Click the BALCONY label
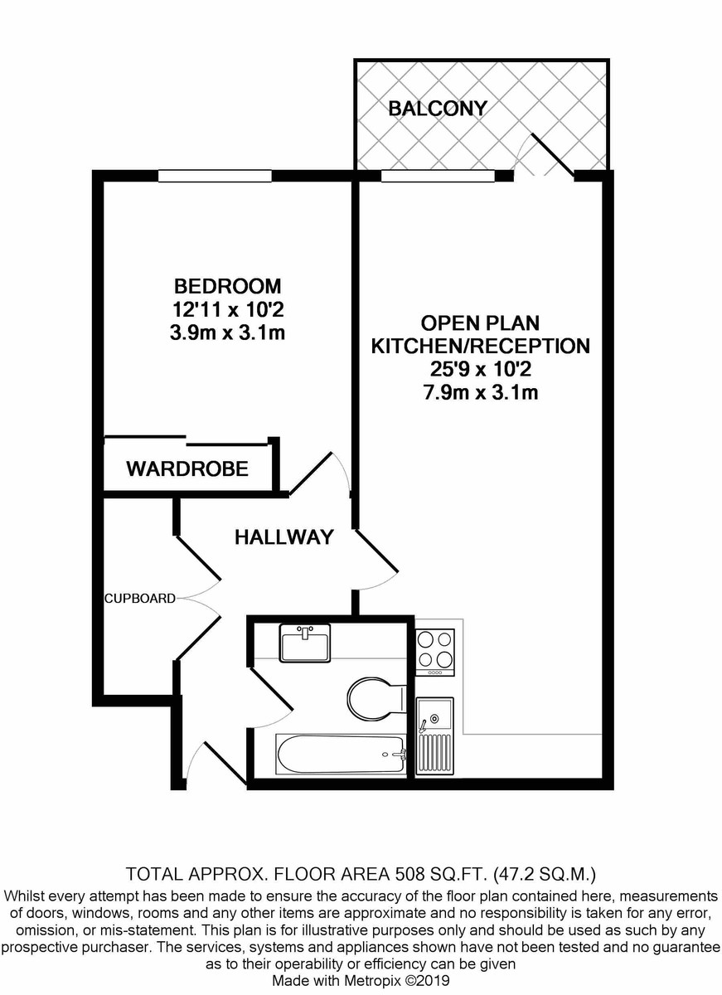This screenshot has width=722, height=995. (x=438, y=109)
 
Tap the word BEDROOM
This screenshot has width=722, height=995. (x=227, y=286)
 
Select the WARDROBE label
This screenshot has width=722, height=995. (x=187, y=469)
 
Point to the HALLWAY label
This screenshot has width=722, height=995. (x=283, y=537)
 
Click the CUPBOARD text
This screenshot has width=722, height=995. (x=140, y=599)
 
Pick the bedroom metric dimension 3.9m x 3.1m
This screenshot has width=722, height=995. (x=227, y=332)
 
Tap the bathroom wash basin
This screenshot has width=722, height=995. (x=305, y=643)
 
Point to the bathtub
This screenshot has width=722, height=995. (x=341, y=754)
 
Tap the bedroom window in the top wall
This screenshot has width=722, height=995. (x=215, y=177)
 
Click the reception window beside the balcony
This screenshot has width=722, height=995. (x=438, y=177)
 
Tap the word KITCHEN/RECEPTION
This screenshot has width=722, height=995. (x=481, y=346)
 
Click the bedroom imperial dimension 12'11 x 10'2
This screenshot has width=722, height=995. (x=227, y=309)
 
